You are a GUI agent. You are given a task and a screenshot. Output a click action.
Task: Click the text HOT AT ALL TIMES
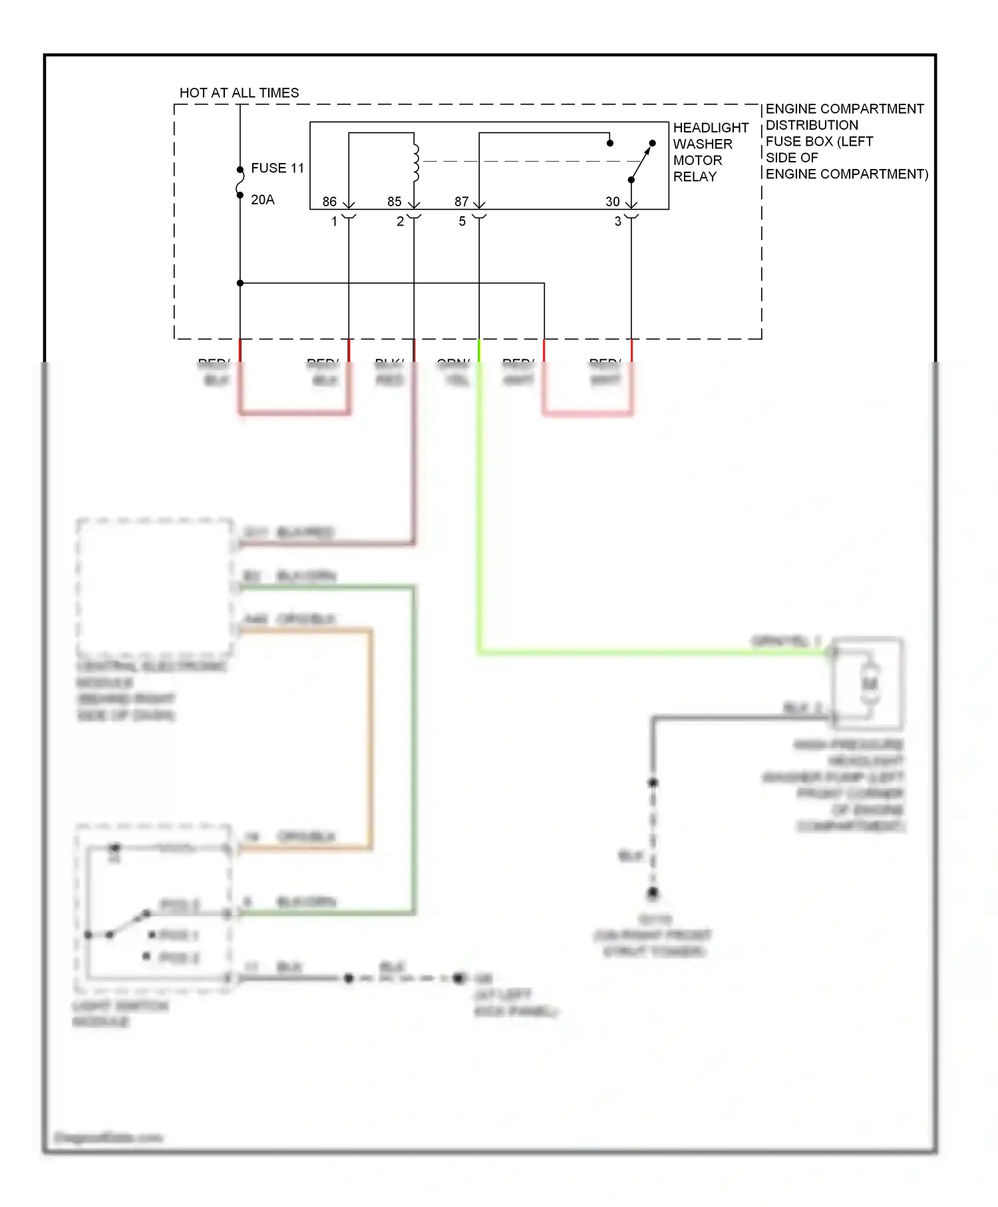pyautogui.click(x=239, y=92)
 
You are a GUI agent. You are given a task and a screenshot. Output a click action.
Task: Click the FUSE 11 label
pyautogui.click(x=277, y=168)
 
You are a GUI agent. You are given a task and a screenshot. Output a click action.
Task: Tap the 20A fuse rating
pyautogui.click(x=262, y=200)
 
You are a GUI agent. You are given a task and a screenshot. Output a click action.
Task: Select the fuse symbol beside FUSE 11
pyautogui.click(x=240, y=182)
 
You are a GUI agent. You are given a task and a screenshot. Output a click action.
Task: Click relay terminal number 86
pyautogui.click(x=329, y=202)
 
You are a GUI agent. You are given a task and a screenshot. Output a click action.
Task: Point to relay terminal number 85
pyautogui.click(x=394, y=202)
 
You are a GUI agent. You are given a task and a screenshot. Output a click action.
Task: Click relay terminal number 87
pyautogui.click(x=461, y=202)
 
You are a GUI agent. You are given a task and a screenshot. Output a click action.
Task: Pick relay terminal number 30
pyautogui.click(x=612, y=202)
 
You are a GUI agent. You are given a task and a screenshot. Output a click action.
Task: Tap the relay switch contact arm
pyautogui.click(x=641, y=162)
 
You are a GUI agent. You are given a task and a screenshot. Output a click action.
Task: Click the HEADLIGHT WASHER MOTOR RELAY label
pyautogui.click(x=710, y=152)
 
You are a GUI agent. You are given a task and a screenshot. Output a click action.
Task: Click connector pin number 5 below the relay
pyautogui.click(x=462, y=222)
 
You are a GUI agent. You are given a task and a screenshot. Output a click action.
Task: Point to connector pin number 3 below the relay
pyautogui.click(x=617, y=222)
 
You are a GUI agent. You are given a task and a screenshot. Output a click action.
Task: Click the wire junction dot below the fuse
pyautogui.click(x=240, y=283)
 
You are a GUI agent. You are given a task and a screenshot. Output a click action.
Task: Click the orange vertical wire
pyautogui.click(x=371, y=739)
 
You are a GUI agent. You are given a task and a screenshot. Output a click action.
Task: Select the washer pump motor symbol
pyautogui.click(x=870, y=683)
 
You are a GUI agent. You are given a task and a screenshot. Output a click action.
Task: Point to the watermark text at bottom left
pyautogui.click(x=108, y=1137)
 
